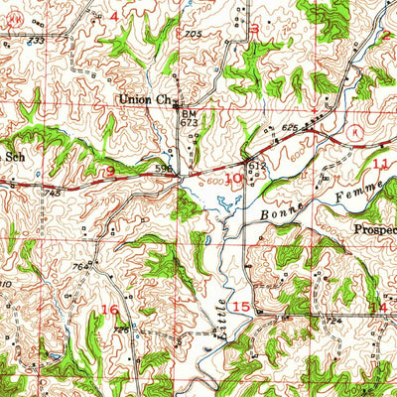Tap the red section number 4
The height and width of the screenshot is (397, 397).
[114, 17]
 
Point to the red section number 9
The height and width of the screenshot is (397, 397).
[109, 172]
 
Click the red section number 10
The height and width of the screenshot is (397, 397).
[233, 179]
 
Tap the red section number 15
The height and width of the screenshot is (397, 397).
[240, 307]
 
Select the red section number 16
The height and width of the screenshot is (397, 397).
[109, 311]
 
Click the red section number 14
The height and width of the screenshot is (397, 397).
[378, 308]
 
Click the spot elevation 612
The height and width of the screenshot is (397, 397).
[255, 166]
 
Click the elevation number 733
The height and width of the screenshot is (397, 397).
[36, 42]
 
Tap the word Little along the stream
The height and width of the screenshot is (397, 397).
[222, 293]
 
